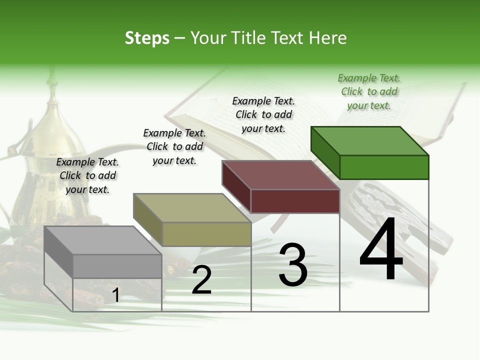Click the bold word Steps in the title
147,38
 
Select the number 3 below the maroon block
292,265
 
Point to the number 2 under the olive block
201,280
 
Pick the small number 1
115,295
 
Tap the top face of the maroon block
281,175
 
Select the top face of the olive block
192,208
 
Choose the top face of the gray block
102,240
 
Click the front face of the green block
384,167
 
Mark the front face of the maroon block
295,201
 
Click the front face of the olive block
206,234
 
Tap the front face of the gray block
117,266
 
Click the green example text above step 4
369,91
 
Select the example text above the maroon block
263,114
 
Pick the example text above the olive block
174,146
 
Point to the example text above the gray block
87,175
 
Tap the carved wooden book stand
400,215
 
